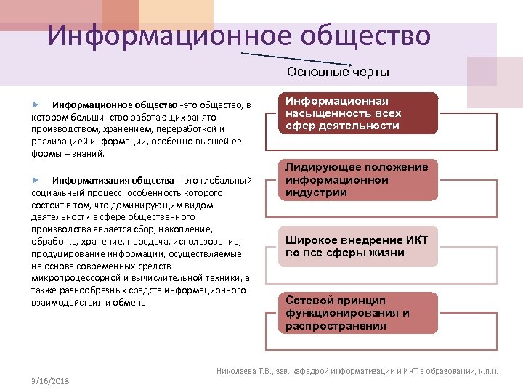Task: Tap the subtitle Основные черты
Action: pyautogui.click(x=338, y=72)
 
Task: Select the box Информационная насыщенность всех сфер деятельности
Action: pyautogui.click(x=360, y=113)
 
